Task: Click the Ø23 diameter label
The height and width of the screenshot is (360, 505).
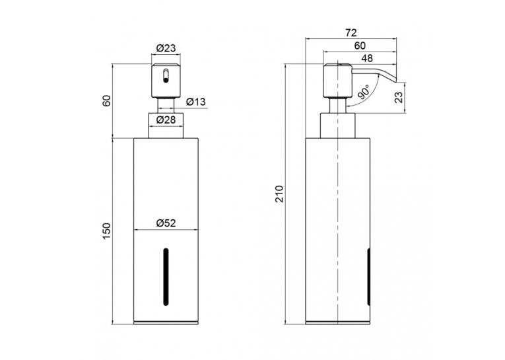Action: click(166, 48)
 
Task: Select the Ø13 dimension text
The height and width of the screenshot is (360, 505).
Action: click(195, 102)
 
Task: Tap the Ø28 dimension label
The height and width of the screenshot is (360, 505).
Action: click(166, 120)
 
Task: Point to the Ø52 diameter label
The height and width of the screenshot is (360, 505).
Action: click(166, 223)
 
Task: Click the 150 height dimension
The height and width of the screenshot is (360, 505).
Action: click(108, 231)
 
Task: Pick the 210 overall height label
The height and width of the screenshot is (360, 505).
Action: click(280, 194)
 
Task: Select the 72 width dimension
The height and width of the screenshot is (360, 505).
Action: click(351, 33)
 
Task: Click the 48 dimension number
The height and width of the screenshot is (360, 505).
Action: click(367, 58)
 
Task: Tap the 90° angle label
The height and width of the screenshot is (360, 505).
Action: click(363, 92)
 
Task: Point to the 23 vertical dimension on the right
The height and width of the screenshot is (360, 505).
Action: click(399, 97)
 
